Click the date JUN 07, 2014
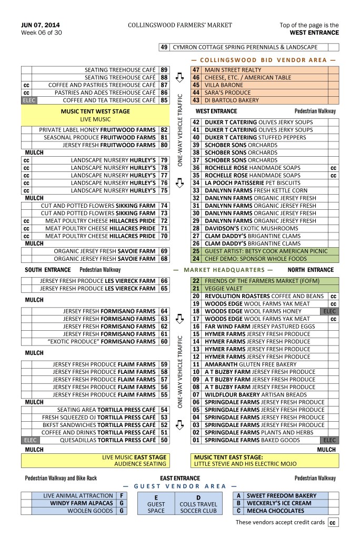coord(40,25)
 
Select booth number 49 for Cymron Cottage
coord(164,47)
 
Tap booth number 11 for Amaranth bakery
coord(196,364)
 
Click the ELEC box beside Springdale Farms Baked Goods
coord(330,440)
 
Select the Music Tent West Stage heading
coord(95,111)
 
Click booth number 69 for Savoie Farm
coord(164,251)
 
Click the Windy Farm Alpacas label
coord(82,503)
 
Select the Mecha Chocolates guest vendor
coord(273,511)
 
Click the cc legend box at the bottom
coord(333,523)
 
